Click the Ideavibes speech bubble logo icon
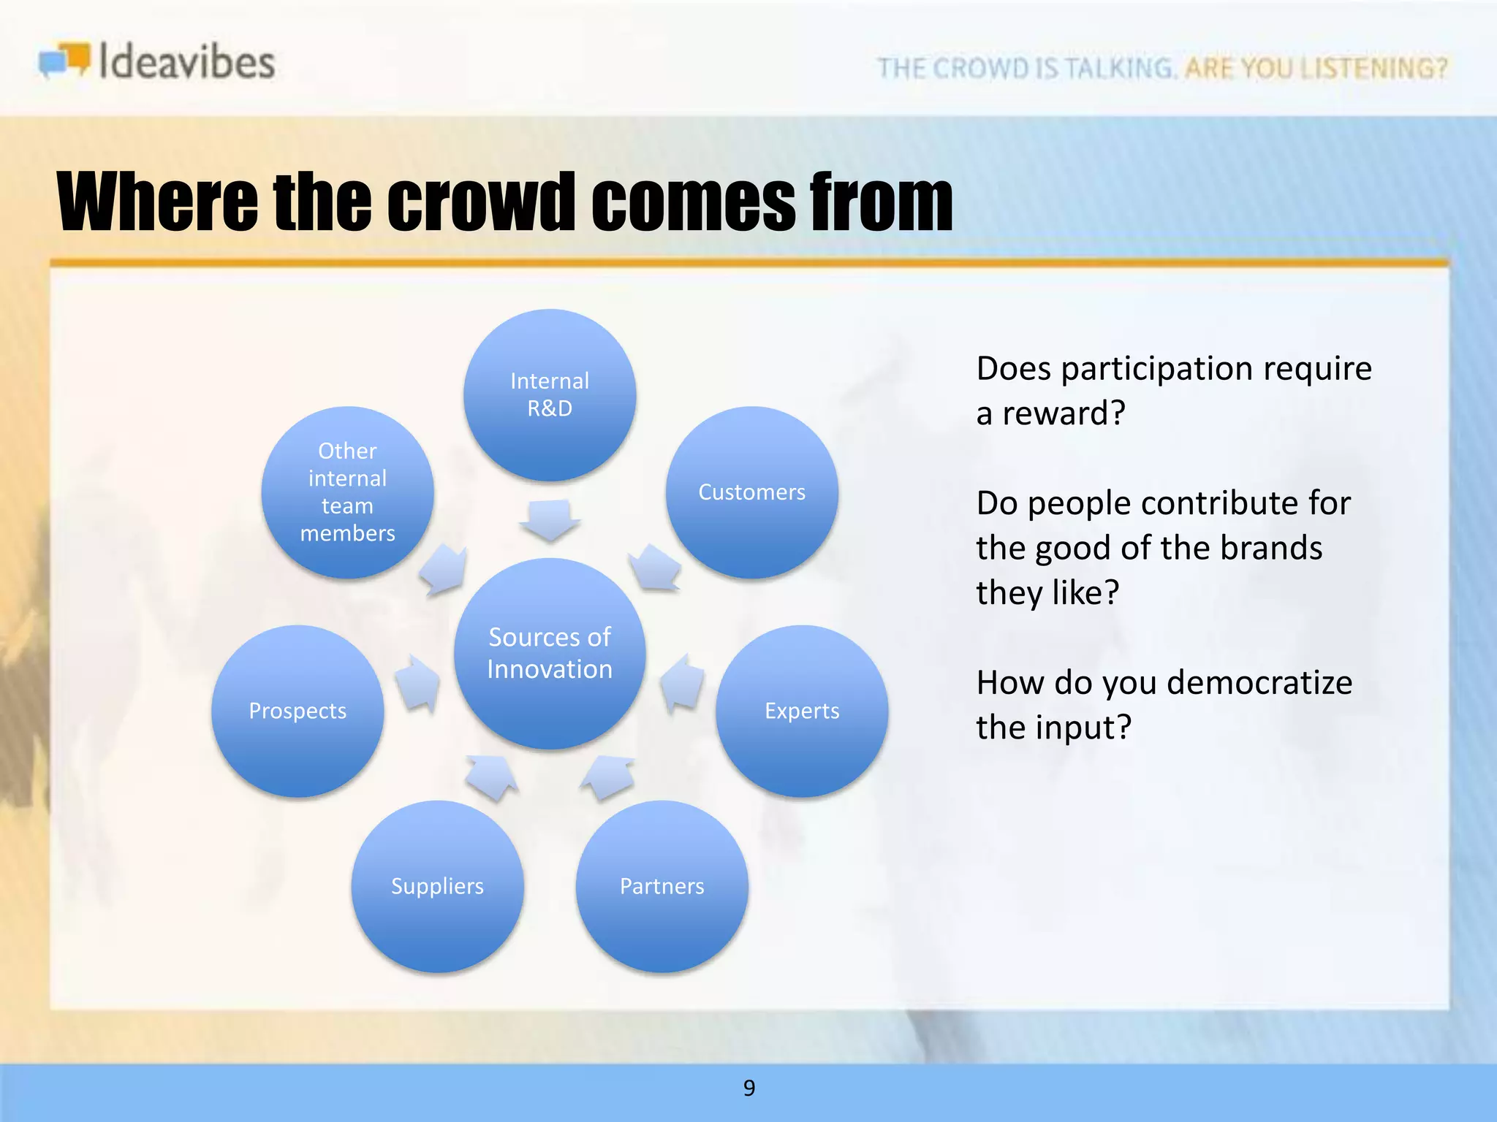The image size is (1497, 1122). tap(64, 60)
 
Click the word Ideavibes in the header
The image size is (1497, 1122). tap(186, 61)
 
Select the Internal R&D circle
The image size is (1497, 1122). tap(550, 395)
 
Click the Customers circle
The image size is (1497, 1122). tap(751, 492)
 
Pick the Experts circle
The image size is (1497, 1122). tap(802, 711)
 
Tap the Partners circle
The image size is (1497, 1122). tap(662, 886)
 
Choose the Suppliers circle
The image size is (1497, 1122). tap(437, 886)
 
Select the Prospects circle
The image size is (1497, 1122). tap(297, 711)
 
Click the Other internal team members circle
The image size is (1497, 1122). tap(347, 492)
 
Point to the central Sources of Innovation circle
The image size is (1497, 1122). tap(550, 653)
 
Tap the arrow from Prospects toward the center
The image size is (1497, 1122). tap(419, 684)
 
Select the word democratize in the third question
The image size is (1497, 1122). tap(1259, 683)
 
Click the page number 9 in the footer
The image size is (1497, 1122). tap(748, 1088)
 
